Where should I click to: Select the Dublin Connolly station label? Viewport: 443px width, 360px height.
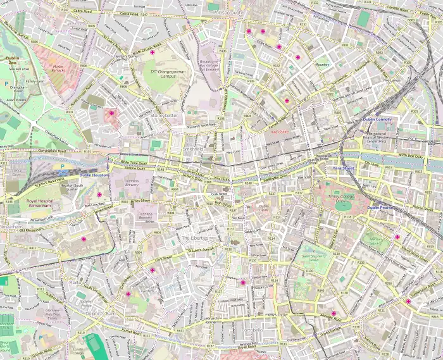tap(377, 120)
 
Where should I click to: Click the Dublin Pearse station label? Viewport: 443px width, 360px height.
tap(382, 207)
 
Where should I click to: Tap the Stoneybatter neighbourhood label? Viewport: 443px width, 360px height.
tap(166, 116)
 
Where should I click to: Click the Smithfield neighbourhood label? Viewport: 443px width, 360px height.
tap(193, 149)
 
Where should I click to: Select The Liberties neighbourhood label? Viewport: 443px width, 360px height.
tap(194, 238)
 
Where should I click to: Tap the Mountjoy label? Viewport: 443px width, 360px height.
tap(323, 64)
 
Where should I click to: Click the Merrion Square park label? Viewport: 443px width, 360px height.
tap(377, 241)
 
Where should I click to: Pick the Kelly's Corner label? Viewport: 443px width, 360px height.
tap(277, 314)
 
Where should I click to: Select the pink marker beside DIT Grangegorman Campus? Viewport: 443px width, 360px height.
tap(153, 53)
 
